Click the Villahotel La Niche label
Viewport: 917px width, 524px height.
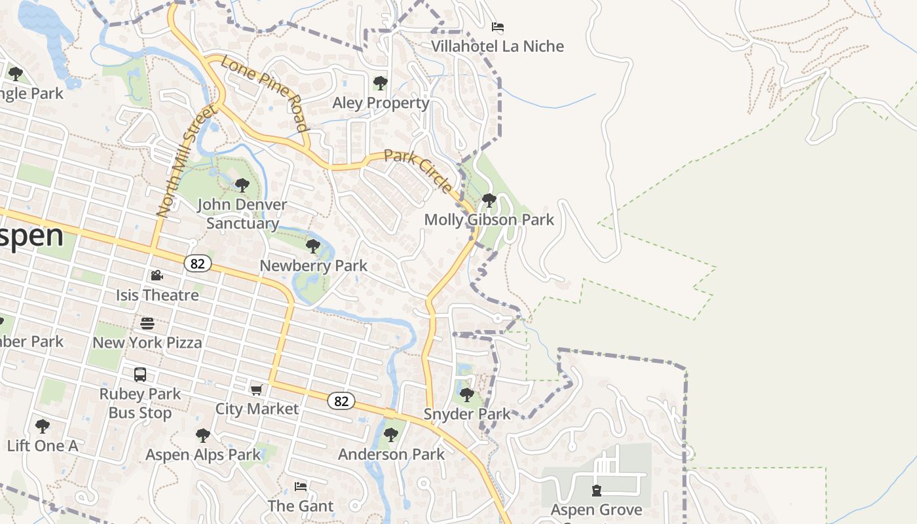pos(497,47)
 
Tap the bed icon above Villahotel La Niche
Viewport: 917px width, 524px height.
pos(498,27)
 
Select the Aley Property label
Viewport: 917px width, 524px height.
pos(381,103)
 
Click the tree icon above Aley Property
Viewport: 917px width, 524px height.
pos(380,83)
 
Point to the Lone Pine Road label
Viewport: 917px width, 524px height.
pos(264,93)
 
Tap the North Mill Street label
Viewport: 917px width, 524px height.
pos(187,161)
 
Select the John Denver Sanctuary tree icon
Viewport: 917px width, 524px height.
pos(242,185)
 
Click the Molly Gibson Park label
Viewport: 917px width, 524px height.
pos(489,220)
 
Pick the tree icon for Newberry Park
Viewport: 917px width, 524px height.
pos(313,246)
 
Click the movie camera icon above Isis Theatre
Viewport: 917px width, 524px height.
pos(157,276)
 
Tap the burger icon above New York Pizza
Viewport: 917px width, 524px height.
pos(147,323)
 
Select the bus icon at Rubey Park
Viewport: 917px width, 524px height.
pos(140,375)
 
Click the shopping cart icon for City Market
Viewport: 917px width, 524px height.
pos(257,390)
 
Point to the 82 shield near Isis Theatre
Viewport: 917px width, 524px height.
pos(197,263)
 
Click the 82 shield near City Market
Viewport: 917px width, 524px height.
pos(341,401)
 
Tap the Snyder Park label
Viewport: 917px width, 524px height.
pos(466,414)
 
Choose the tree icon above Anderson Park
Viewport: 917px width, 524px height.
pos(391,434)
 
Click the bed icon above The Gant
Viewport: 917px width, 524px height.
pos(301,486)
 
